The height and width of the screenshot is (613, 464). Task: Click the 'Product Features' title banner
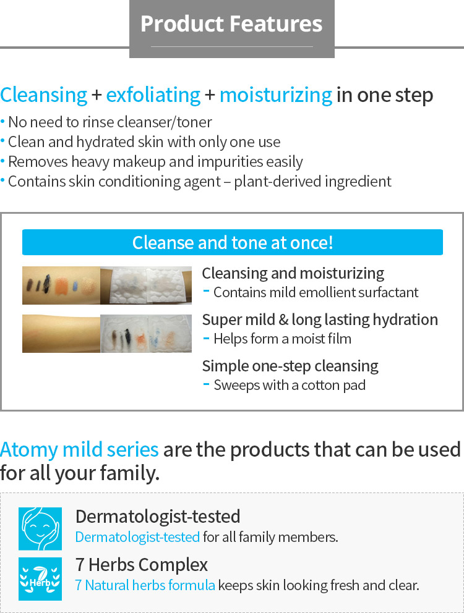point(232,28)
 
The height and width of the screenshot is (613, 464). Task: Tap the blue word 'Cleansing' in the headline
point(43,95)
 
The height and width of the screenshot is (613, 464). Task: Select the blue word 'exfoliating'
point(153,95)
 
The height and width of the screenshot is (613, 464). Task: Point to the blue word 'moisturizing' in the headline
point(276,95)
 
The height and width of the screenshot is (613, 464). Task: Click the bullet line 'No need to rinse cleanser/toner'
point(110,122)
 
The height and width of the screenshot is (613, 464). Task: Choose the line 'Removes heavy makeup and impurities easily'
point(155,162)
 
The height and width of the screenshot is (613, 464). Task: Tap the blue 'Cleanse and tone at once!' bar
point(233,242)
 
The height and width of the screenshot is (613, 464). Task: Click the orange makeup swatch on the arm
point(61,286)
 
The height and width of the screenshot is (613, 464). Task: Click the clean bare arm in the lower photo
point(61,334)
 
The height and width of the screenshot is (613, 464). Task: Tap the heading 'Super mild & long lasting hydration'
point(320,320)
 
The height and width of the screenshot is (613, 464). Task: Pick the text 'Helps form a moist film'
point(282,339)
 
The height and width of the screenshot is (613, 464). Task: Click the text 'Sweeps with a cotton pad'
point(290,385)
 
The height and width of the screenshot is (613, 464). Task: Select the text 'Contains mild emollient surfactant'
point(316,292)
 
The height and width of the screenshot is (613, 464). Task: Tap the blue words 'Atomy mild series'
point(79,450)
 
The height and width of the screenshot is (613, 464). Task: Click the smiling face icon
point(40,528)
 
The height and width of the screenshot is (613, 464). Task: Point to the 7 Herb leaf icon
point(40,579)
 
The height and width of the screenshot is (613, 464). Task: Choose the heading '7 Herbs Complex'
point(141,565)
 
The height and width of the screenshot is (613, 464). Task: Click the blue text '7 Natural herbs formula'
point(145,585)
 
